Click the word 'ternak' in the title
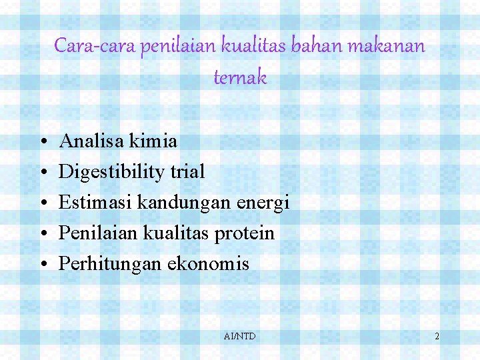[x=240, y=78]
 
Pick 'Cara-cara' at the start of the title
[x=95, y=46]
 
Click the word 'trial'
[x=187, y=171]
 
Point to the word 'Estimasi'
[x=96, y=202]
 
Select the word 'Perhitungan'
[x=110, y=264]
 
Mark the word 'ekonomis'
[x=208, y=264]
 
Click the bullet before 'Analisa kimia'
[x=42, y=142]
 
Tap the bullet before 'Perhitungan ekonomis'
[x=42, y=265]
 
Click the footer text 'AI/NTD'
[x=240, y=337]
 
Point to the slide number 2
[x=437, y=337]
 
